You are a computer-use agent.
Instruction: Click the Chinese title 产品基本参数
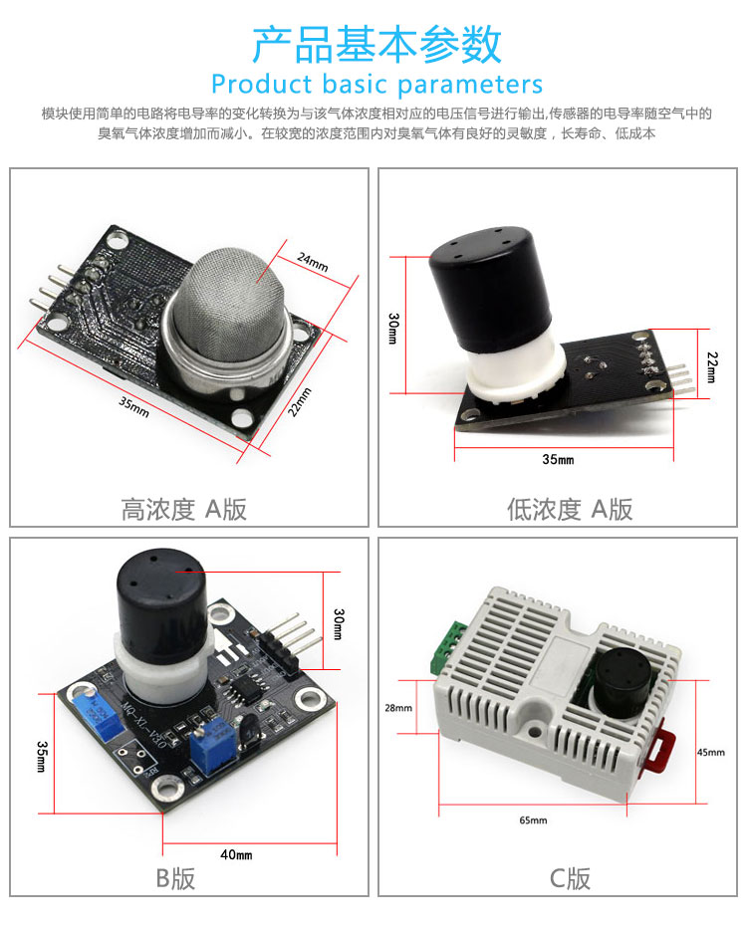377,45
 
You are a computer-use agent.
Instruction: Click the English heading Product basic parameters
377,85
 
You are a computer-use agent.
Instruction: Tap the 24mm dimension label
313,262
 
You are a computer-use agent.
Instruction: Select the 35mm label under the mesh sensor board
133,406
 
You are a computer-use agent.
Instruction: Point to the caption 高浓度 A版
184,510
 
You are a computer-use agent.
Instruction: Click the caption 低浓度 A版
570,510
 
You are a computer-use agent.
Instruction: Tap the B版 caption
175,878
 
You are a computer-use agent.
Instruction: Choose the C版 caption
570,878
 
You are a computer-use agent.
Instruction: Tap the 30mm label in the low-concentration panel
393,329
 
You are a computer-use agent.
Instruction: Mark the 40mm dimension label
236,854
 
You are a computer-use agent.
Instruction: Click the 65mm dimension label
533,820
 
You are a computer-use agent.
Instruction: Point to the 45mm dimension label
711,753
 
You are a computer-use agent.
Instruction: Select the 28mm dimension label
397,708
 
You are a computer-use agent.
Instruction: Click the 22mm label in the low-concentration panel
712,366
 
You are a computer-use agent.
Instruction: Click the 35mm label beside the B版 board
42,756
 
